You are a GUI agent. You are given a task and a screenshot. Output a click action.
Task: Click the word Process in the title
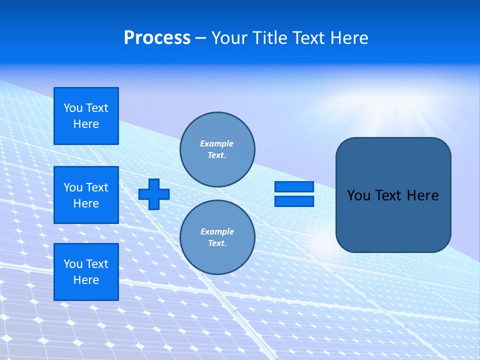(x=157, y=38)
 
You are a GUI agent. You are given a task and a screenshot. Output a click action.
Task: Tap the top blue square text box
(x=86, y=116)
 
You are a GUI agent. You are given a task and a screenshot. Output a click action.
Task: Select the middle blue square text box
(x=86, y=195)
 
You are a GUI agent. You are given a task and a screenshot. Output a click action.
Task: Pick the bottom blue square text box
(x=86, y=272)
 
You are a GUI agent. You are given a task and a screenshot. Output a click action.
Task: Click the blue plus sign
(x=154, y=194)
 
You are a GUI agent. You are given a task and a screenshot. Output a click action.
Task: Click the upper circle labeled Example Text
(x=217, y=149)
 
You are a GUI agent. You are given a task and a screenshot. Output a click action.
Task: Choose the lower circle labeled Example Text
(x=217, y=237)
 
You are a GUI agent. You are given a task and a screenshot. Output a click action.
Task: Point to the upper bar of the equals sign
(x=294, y=186)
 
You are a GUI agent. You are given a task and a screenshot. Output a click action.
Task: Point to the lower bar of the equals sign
(x=294, y=201)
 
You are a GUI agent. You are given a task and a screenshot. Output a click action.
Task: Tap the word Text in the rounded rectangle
(x=387, y=195)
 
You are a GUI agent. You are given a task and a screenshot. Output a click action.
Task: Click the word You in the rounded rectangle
(x=358, y=195)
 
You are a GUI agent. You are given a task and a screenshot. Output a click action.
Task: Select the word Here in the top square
(x=86, y=124)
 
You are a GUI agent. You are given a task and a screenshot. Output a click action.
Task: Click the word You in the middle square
(x=73, y=187)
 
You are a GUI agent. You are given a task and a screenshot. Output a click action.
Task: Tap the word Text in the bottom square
(x=97, y=264)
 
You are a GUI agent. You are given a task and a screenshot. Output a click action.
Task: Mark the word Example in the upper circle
(x=217, y=143)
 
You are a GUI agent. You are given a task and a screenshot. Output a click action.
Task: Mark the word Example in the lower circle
(x=217, y=231)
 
